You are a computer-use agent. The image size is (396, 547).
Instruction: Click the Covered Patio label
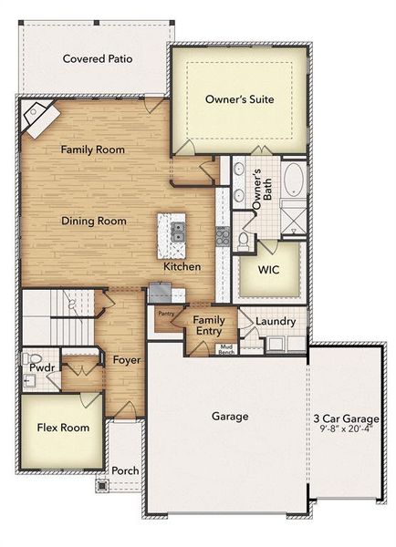pos(98,59)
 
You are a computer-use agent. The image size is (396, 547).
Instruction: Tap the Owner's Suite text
pos(240,98)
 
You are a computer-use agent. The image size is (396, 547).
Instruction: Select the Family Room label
pos(92,149)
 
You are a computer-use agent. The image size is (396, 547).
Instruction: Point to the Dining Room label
pos(93,221)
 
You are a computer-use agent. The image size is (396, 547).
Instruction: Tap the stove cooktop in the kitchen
pos(222,235)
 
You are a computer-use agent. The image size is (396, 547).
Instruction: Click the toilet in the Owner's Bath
pos(244,240)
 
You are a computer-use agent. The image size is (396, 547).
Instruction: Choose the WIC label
pos(268,271)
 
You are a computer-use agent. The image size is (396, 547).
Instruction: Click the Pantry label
pos(166,314)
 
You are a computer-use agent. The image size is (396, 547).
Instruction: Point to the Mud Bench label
pos(224,349)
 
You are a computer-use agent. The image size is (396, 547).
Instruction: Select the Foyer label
pos(126,360)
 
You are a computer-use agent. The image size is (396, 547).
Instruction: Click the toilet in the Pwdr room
pos(28,358)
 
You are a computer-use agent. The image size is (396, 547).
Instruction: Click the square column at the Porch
pos(101,486)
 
